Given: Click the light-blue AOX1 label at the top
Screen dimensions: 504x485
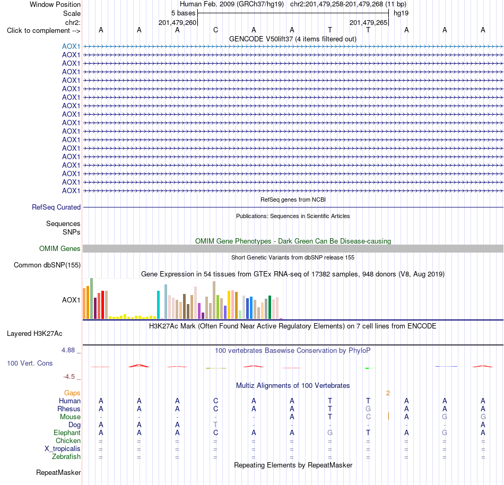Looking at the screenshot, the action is pyautogui.click(x=71, y=46).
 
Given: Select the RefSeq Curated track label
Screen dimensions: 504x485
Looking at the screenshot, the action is pyautogui.click(x=56, y=207).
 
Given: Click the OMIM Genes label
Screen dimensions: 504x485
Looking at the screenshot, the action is pyautogui.click(x=60, y=248).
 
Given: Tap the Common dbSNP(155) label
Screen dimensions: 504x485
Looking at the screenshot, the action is pyautogui.click(x=47, y=265).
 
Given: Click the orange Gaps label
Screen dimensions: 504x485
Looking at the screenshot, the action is pyautogui.click(x=72, y=393).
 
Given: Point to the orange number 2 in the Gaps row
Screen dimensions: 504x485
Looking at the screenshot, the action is pyautogui.click(x=388, y=393).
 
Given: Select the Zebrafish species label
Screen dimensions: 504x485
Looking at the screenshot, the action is pyautogui.click(x=66, y=456).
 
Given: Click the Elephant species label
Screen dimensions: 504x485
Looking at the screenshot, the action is pyautogui.click(x=67, y=432).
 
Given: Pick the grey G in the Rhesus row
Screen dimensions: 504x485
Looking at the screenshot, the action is pyautogui.click(x=368, y=409).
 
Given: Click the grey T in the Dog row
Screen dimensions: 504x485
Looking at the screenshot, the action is pyautogui.click(x=215, y=425).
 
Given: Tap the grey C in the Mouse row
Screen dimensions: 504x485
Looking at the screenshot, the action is pyautogui.click(x=368, y=417).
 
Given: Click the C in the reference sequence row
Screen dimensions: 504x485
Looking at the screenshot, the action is pyautogui.click(x=215, y=30).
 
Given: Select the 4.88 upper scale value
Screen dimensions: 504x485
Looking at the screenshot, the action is pyautogui.click(x=68, y=350).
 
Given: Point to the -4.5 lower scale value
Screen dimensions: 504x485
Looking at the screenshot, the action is pyautogui.click(x=69, y=377).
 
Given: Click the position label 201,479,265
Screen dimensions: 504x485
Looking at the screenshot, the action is pyautogui.click(x=368, y=22).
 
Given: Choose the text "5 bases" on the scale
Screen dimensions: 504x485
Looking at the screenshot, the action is pyautogui.click(x=183, y=13).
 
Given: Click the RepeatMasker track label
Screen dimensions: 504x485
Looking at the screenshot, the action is pyautogui.click(x=58, y=472).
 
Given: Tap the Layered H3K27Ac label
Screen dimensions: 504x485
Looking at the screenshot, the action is pyautogui.click(x=34, y=334).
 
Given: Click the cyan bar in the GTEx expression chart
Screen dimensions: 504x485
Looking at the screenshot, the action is pyautogui.click(x=158, y=305).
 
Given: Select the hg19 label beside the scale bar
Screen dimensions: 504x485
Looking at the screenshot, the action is pyautogui.click(x=401, y=13).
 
